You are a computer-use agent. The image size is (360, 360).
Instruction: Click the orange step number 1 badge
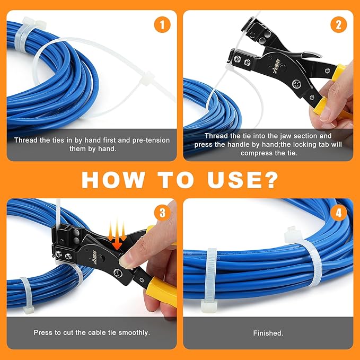162,24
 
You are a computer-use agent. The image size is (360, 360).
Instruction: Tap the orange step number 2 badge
339,24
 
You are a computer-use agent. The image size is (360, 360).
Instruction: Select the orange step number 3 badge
162,213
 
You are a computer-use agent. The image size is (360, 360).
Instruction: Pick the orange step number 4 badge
339,213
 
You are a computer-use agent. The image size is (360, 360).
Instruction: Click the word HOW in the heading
113,180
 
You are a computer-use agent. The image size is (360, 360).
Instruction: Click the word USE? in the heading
243,180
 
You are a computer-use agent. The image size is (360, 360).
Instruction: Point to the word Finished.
268,333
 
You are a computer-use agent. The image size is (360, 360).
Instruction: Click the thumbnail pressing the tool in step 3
125,261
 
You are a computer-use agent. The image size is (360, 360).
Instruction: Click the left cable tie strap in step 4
210,279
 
